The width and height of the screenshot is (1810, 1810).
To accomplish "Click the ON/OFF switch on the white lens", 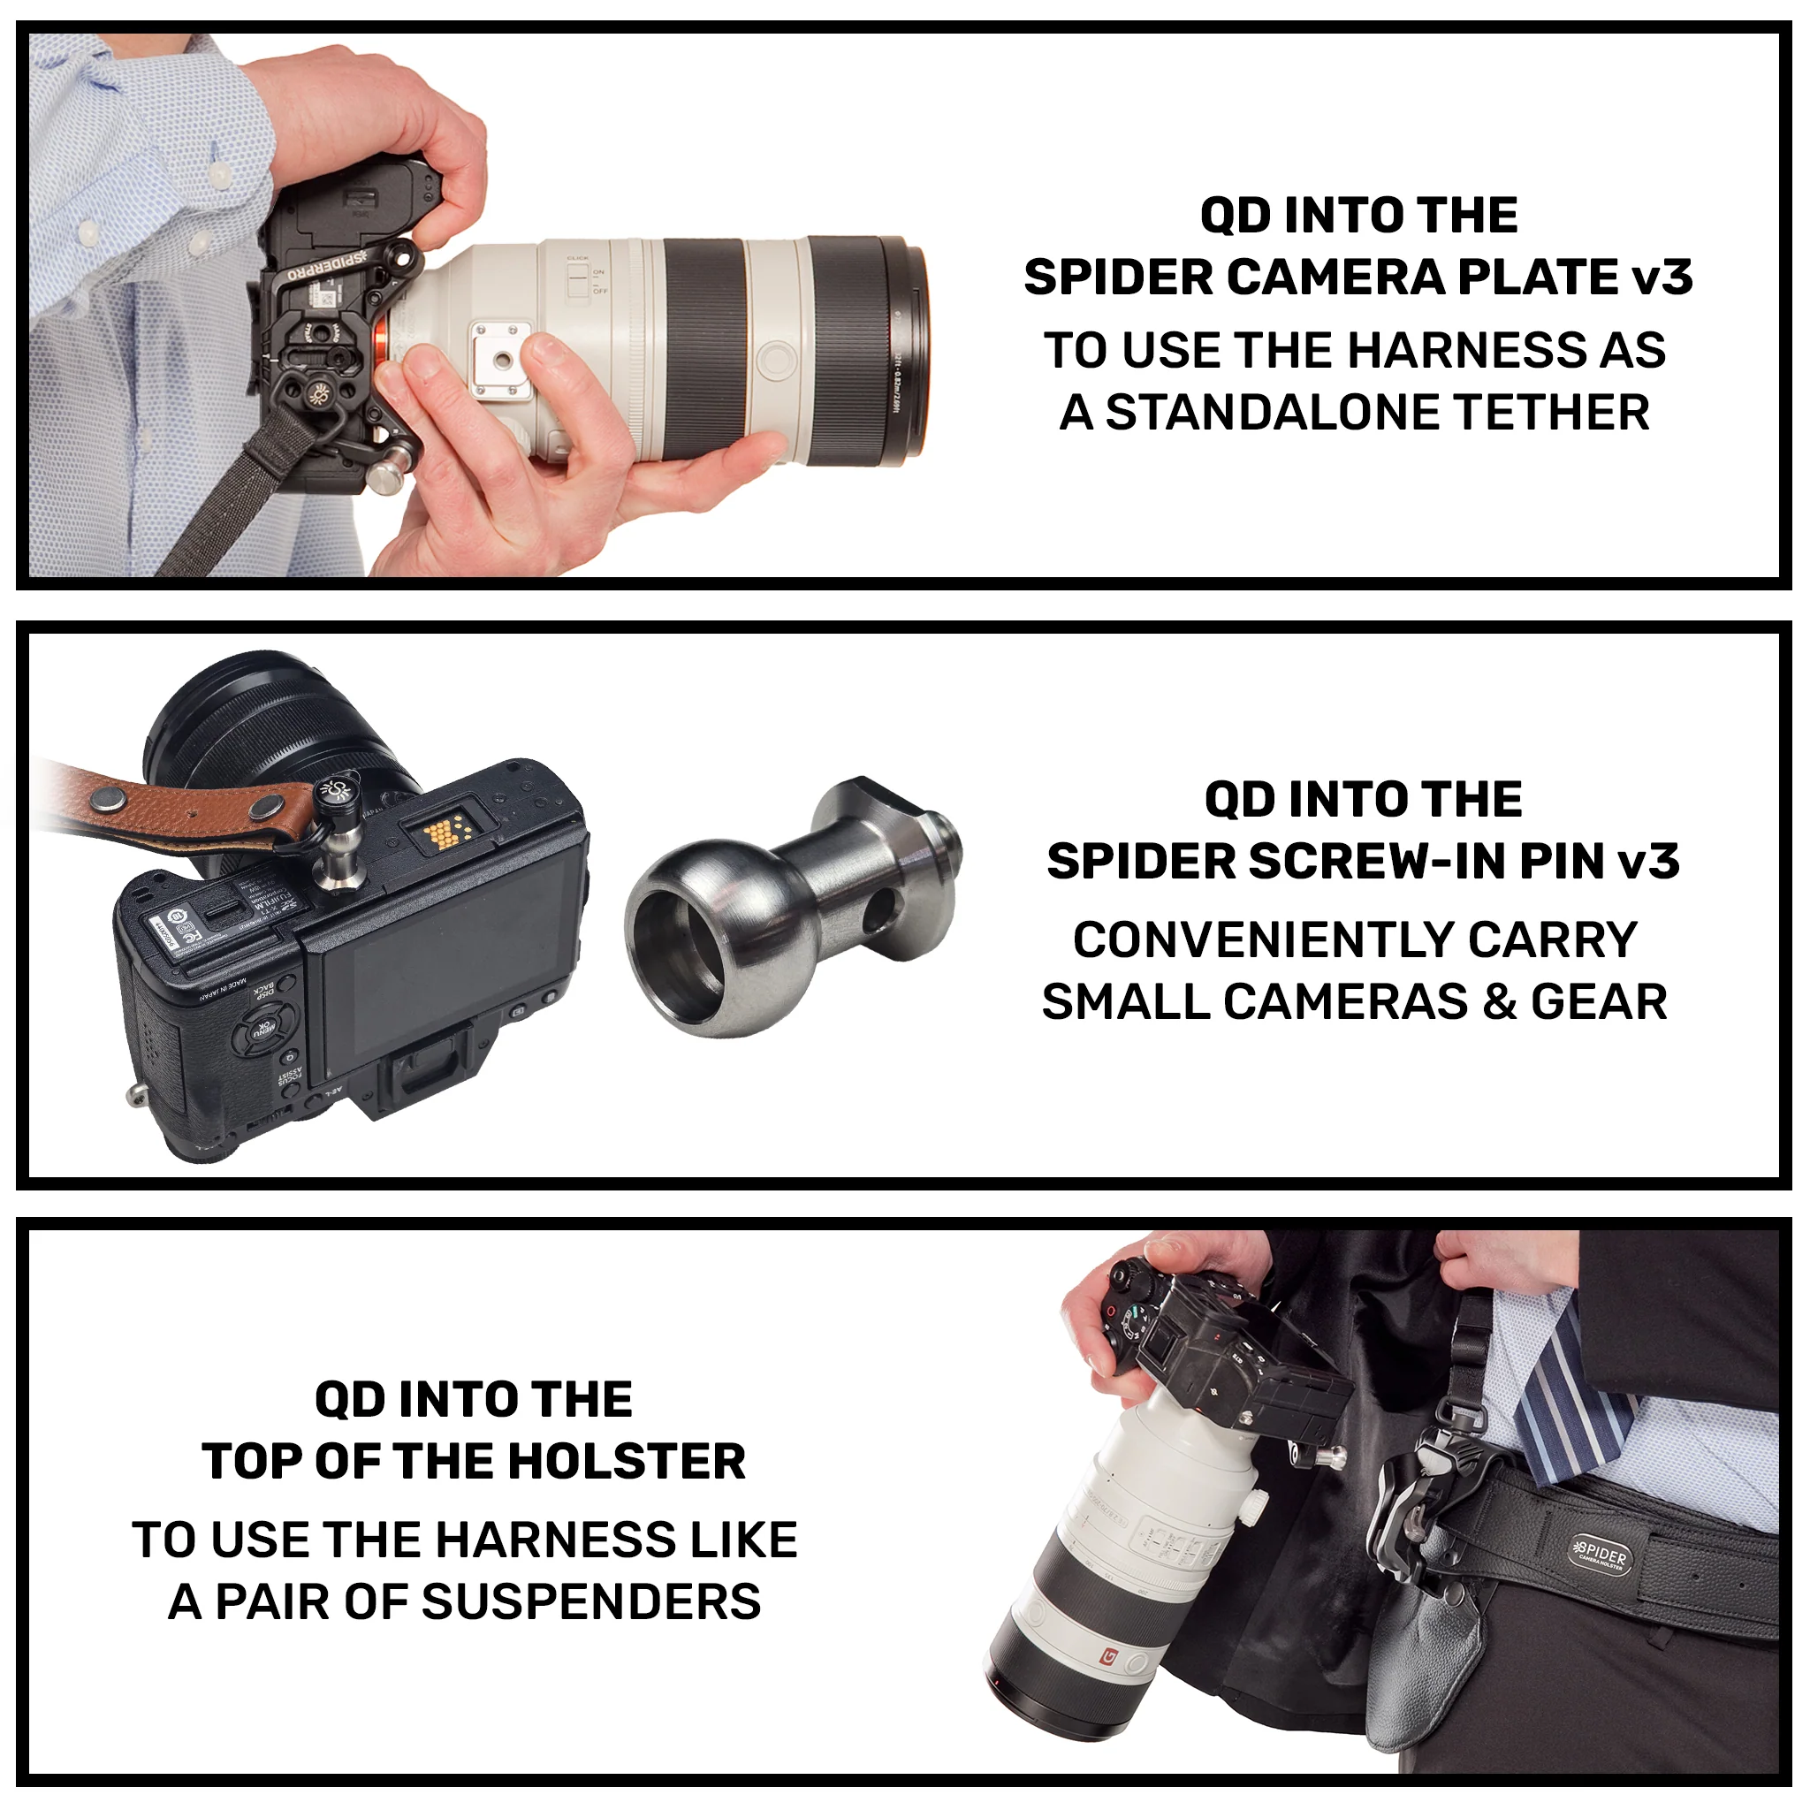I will click(x=579, y=278).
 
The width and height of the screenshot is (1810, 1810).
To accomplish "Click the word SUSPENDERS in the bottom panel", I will click(x=591, y=1601).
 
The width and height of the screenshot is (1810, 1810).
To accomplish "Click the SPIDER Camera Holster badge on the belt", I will click(x=1603, y=1556).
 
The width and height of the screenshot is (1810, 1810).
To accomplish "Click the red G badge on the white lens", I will click(x=1110, y=1657).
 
